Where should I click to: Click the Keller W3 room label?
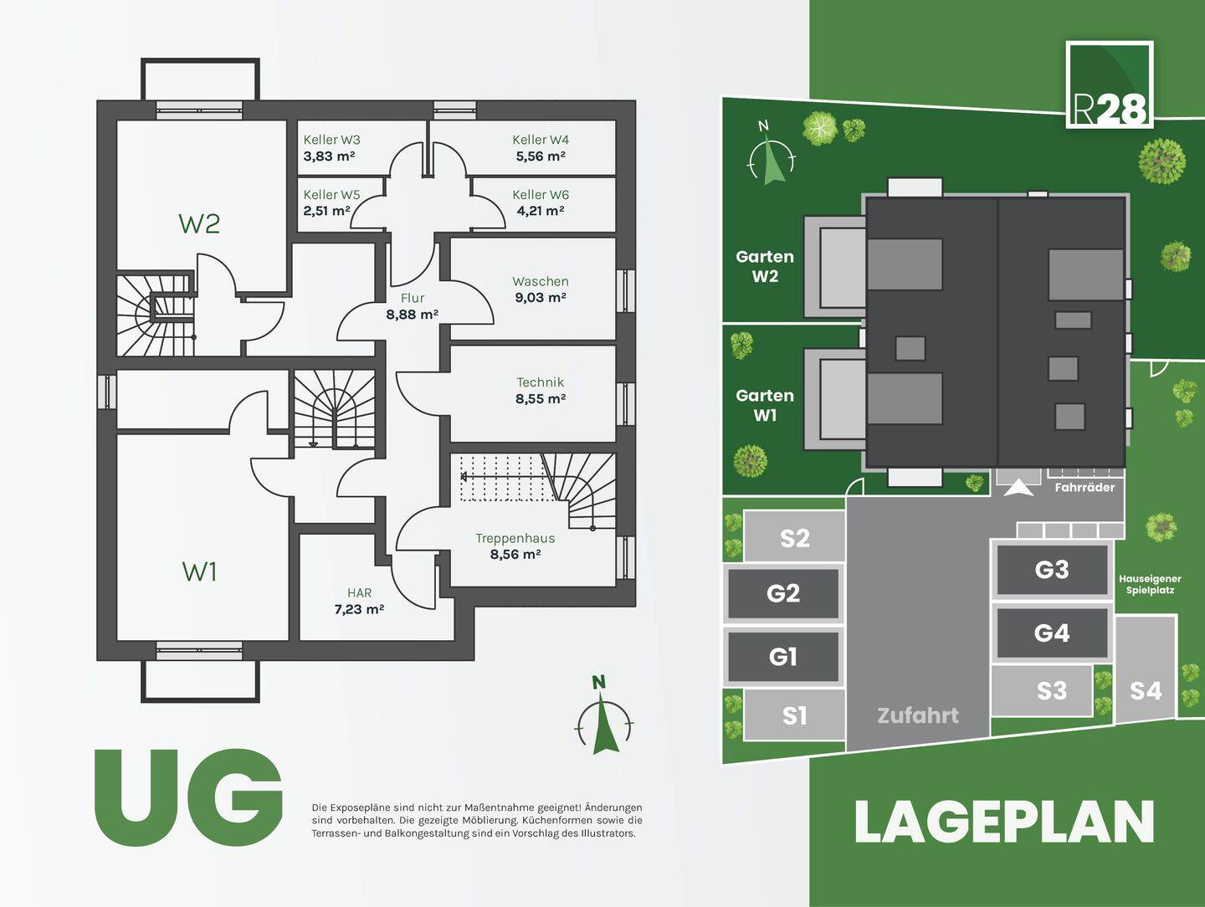coord(331,140)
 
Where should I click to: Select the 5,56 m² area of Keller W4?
coord(540,156)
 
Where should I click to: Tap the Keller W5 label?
coord(331,194)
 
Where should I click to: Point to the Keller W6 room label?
coord(540,194)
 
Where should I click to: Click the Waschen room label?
coord(540,281)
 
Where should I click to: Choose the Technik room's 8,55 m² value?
coord(540,399)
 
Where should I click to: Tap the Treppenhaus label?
coord(515,538)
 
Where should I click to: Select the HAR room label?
coord(359,592)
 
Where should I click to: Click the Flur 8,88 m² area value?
coord(412,315)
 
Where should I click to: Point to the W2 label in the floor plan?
coord(199,223)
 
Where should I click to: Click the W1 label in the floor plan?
coord(199,571)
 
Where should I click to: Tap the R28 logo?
coord(1110,85)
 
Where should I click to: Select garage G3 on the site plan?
coord(1051,570)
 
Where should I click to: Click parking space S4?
coord(1145,690)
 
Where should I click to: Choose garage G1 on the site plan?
coord(782,657)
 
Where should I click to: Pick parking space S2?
coord(794,538)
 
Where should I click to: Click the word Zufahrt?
coord(917,715)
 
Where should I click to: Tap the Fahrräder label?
coord(1084,487)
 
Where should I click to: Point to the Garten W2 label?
coord(764,266)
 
